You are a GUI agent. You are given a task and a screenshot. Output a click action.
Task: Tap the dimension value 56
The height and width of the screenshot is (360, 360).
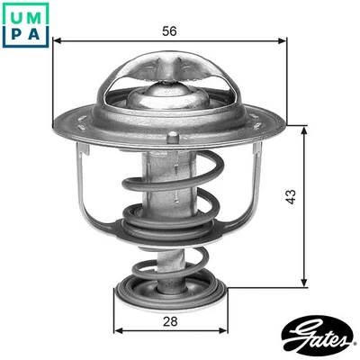tap(167, 31)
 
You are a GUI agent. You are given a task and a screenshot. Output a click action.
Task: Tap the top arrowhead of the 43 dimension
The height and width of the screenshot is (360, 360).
tap(307, 129)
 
